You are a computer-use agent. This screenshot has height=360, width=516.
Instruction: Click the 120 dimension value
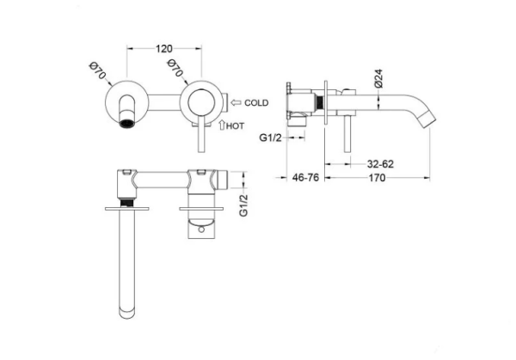tap(164, 49)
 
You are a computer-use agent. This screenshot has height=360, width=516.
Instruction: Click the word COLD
tap(256, 103)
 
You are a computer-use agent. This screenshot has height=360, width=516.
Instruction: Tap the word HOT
tap(235, 126)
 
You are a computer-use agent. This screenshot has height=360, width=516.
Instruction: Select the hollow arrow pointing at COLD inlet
tap(236, 102)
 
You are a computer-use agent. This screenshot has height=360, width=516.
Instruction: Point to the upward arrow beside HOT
tap(222, 125)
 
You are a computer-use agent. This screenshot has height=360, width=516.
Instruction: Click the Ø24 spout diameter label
tap(378, 78)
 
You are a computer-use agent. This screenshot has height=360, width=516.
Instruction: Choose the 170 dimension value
tap(377, 178)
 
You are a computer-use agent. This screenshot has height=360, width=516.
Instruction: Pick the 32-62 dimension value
tap(380, 164)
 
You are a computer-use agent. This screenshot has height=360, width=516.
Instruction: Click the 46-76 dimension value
tap(305, 178)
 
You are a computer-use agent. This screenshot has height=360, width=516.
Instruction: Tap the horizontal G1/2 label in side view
tap(271, 137)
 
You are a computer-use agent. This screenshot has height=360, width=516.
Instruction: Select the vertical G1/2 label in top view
tap(243, 205)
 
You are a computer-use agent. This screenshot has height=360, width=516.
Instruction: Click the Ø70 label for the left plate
tap(98, 70)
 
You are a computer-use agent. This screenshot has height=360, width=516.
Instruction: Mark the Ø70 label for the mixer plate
tap(175, 68)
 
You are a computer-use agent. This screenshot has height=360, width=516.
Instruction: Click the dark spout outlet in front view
tap(127, 124)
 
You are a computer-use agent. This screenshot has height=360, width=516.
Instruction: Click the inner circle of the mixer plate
tap(201, 102)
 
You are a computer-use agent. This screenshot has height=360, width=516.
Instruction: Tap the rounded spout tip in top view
tap(127, 314)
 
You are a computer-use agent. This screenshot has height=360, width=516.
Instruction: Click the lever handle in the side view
tap(347, 134)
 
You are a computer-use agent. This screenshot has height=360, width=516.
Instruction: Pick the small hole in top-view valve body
tap(201, 229)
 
